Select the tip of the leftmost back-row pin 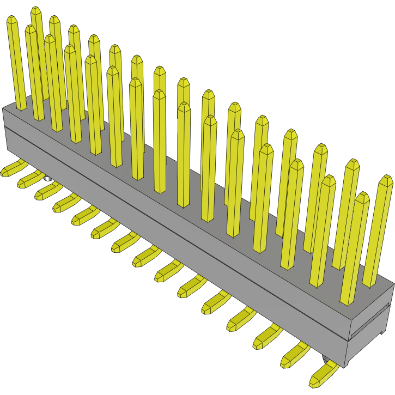tap(13, 20)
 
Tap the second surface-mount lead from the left tap(27, 180)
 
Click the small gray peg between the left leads tap(47, 178)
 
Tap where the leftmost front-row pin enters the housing tap(38, 118)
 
